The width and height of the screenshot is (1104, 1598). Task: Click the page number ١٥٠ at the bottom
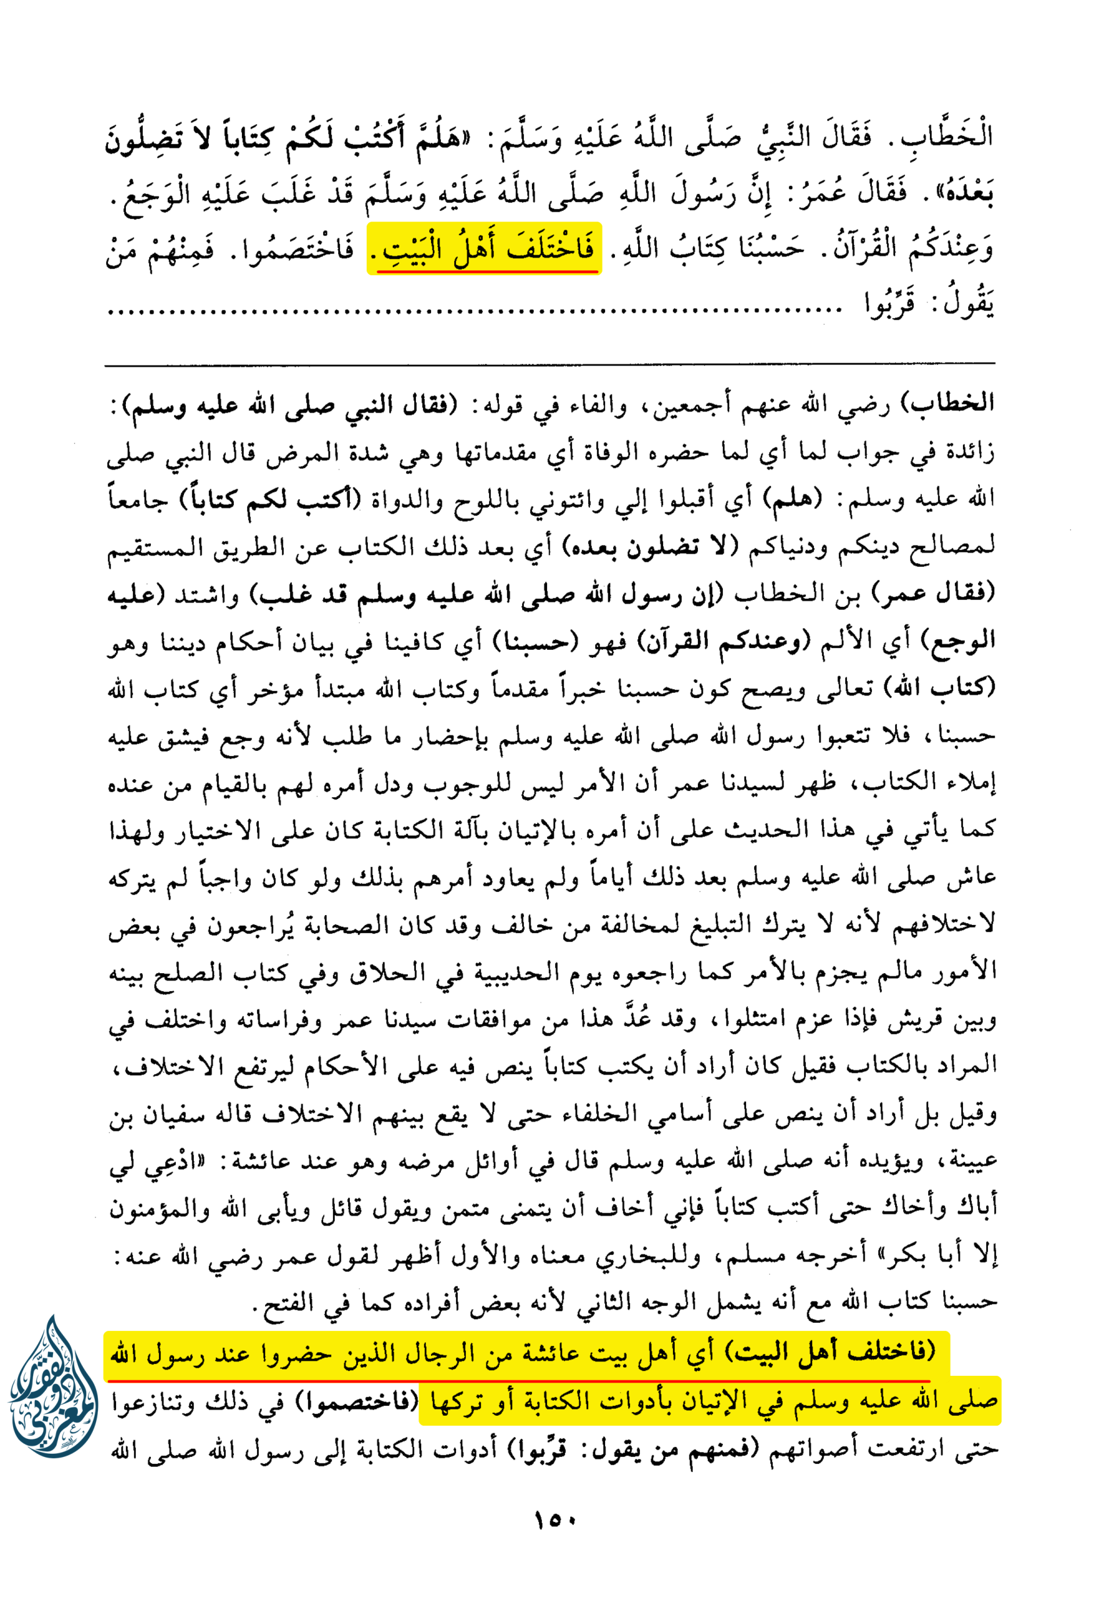(x=554, y=1521)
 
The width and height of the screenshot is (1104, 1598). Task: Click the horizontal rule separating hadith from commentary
(x=550, y=363)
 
